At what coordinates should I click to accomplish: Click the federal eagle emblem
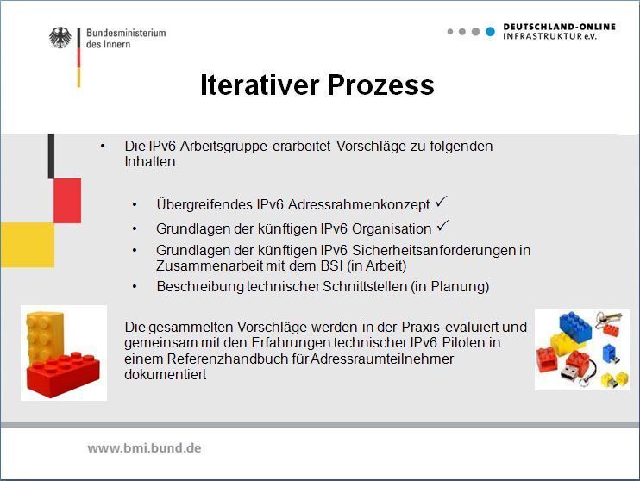point(60,39)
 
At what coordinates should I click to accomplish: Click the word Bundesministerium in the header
point(125,33)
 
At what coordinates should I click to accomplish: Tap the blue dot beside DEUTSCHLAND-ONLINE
point(490,32)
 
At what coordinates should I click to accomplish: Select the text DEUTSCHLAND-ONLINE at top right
point(559,27)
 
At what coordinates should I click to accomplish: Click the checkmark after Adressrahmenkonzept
point(441,202)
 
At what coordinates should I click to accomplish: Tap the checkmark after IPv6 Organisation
point(443,226)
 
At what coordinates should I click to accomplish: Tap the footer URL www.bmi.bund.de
point(144,448)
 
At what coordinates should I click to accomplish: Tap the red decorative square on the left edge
point(66,201)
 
